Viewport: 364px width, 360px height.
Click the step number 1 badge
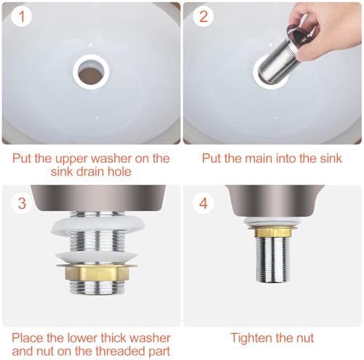pos(22,17)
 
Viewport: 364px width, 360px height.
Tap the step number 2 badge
pos(203,17)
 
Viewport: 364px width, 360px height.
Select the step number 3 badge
pos(22,203)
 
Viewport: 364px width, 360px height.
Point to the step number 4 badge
pos(203,203)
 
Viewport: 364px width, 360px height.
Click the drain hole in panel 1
pos(91,72)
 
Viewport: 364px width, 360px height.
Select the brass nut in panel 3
pos(97,273)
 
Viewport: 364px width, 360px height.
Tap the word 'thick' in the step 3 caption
pos(115,337)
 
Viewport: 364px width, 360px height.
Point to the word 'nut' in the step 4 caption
pos(304,338)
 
